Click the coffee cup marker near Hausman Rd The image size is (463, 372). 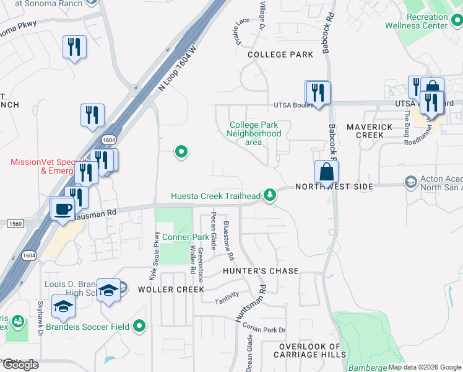point(62,209)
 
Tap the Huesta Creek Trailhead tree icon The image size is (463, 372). point(269,195)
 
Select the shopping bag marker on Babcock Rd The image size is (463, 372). point(326,172)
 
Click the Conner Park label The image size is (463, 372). point(186,237)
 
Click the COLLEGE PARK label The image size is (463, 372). point(280,55)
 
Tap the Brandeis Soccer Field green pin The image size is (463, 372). point(139,325)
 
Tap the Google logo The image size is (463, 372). point(20,365)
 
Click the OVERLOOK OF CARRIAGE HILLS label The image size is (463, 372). point(309,350)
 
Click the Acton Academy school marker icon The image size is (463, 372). point(410,182)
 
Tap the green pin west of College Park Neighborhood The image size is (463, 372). point(181,151)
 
